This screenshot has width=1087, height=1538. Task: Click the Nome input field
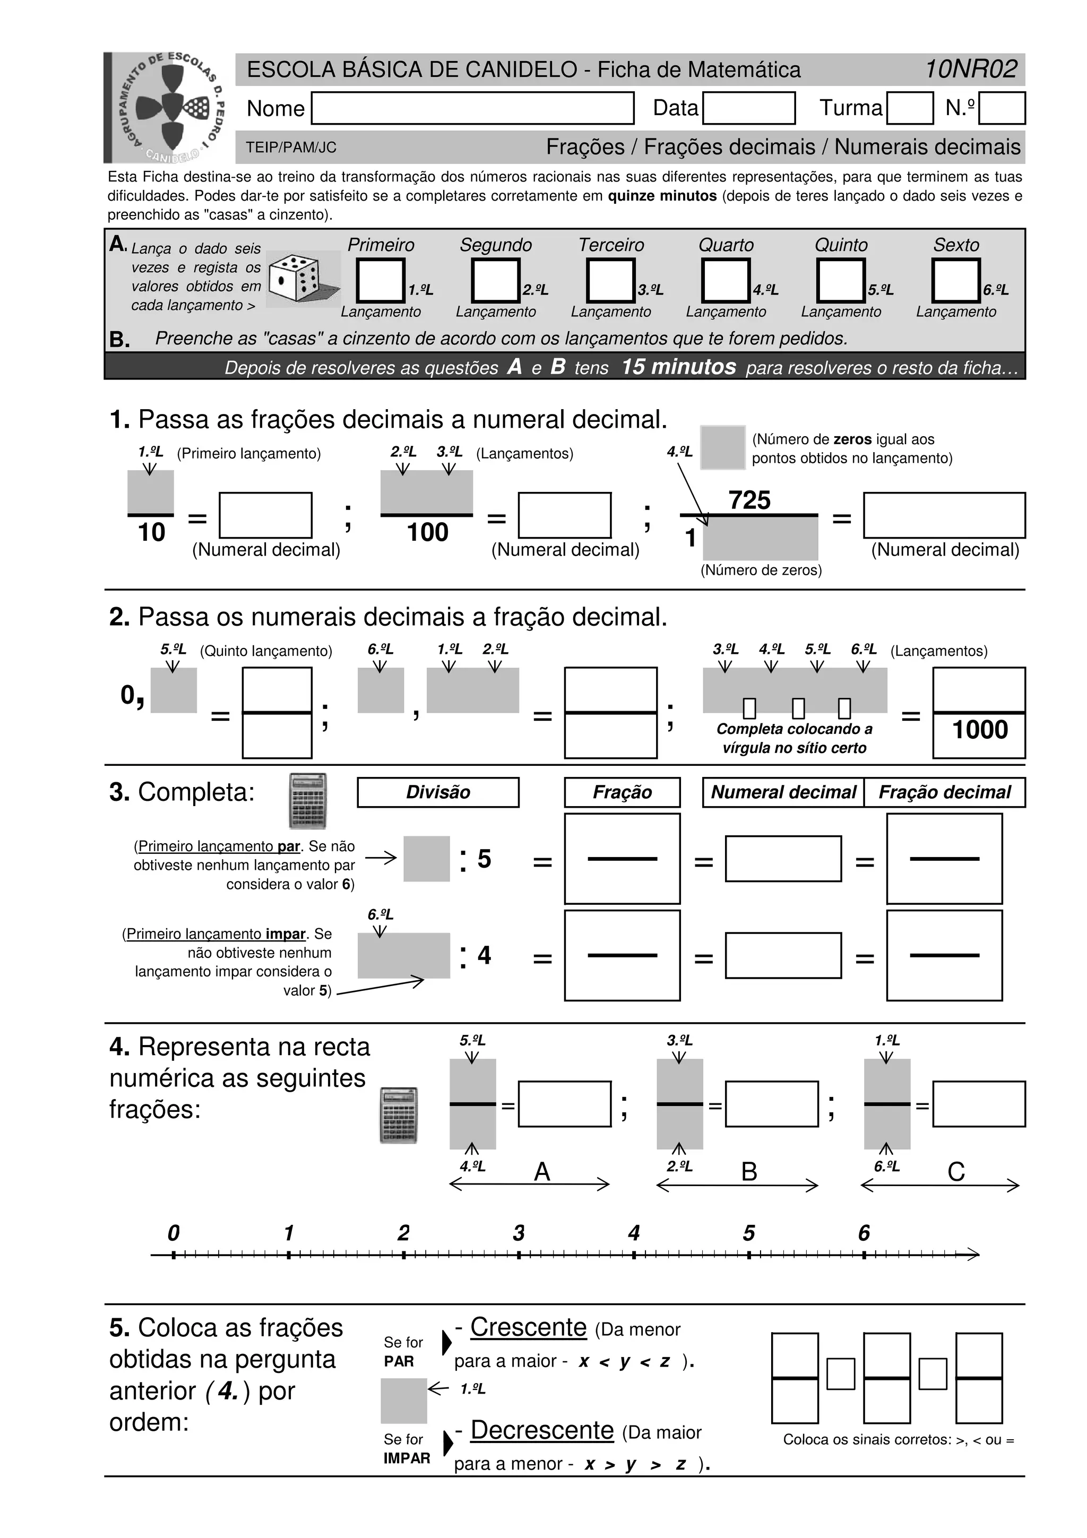(x=472, y=108)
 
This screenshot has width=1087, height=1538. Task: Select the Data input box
(x=748, y=108)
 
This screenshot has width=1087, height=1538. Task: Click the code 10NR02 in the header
(x=970, y=69)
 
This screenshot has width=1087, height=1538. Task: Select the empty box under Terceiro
(x=610, y=281)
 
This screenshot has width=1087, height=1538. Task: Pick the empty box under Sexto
(x=956, y=281)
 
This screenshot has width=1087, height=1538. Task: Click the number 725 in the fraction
(x=749, y=500)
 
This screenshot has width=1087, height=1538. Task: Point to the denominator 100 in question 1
(x=427, y=532)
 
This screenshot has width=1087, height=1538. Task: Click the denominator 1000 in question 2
(x=979, y=730)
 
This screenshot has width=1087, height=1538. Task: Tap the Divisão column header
(x=438, y=792)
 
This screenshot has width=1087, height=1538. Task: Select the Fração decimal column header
(x=944, y=792)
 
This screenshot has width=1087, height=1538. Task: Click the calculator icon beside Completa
(x=307, y=801)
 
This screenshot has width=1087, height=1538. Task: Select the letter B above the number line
(x=749, y=1172)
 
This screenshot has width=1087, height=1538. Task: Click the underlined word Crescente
(x=529, y=1327)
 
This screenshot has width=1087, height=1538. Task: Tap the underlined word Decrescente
(x=542, y=1430)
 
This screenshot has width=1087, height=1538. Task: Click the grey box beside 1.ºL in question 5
(x=404, y=1401)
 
